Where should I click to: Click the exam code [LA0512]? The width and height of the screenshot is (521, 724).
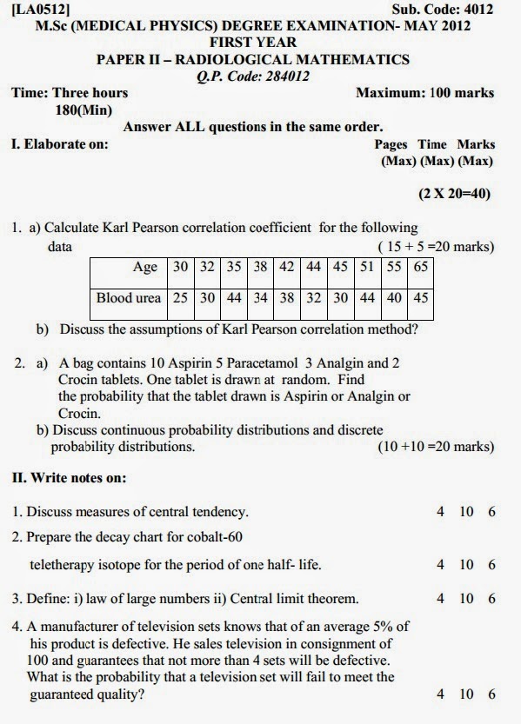coord(41,9)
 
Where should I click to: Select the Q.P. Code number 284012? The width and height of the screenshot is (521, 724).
coord(282,76)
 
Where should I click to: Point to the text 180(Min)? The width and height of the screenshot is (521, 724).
coord(83,110)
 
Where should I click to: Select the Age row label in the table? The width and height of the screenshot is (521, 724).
coord(145,267)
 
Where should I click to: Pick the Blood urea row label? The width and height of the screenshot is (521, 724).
coord(129,297)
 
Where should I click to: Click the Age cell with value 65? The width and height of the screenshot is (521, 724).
coord(421,267)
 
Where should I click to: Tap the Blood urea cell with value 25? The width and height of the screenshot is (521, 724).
coord(180,297)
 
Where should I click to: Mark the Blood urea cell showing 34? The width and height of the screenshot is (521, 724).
coord(260,297)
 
